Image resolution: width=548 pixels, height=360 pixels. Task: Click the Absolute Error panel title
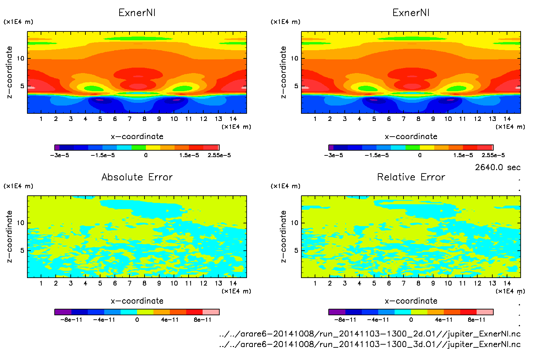pyautogui.click(x=137, y=177)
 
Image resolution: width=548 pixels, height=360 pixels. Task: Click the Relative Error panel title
pyautogui.click(x=411, y=177)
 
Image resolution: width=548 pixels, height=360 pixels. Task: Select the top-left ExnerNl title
pyautogui.click(x=137, y=13)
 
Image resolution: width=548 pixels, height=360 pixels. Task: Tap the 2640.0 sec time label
pyautogui.click(x=497, y=167)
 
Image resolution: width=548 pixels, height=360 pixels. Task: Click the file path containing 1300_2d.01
pyautogui.click(x=370, y=334)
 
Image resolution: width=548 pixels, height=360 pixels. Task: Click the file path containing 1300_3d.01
pyautogui.click(x=370, y=344)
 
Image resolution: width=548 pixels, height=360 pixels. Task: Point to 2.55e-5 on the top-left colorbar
pyautogui.click(x=219, y=155)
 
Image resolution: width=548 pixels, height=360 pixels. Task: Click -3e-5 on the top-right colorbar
pyautogui.click(x=333, y=155)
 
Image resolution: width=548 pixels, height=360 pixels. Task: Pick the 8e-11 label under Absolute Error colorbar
pyautogui.click(x=203, y=320)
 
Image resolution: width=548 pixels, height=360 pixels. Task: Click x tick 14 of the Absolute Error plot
pyautogui.click(x=233, y=283)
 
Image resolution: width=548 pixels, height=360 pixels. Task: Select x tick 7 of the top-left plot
pyautogui.click(x=129, y=119)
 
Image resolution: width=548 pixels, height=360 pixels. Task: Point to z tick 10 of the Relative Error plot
pyautogui.click(x=294, y=223)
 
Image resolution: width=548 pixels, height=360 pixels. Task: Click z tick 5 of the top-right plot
pyautogui.click(x=296, y=86)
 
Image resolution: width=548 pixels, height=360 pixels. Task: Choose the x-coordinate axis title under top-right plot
pyautogui.click(x=411, y=137)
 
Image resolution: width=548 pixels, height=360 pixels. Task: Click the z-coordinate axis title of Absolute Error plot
pyautogui.click(x=10, y=236)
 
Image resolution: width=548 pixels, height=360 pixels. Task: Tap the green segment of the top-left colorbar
pyautogui.click(x=139, y=148)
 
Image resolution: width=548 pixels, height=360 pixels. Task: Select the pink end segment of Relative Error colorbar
pyautogui.click(x=485, y=312)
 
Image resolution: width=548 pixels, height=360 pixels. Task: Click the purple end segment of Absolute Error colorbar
pyautogui.click(x=63, y=312)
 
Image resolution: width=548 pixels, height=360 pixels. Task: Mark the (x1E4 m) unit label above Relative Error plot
pyautogui.click(x=286, y=186)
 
